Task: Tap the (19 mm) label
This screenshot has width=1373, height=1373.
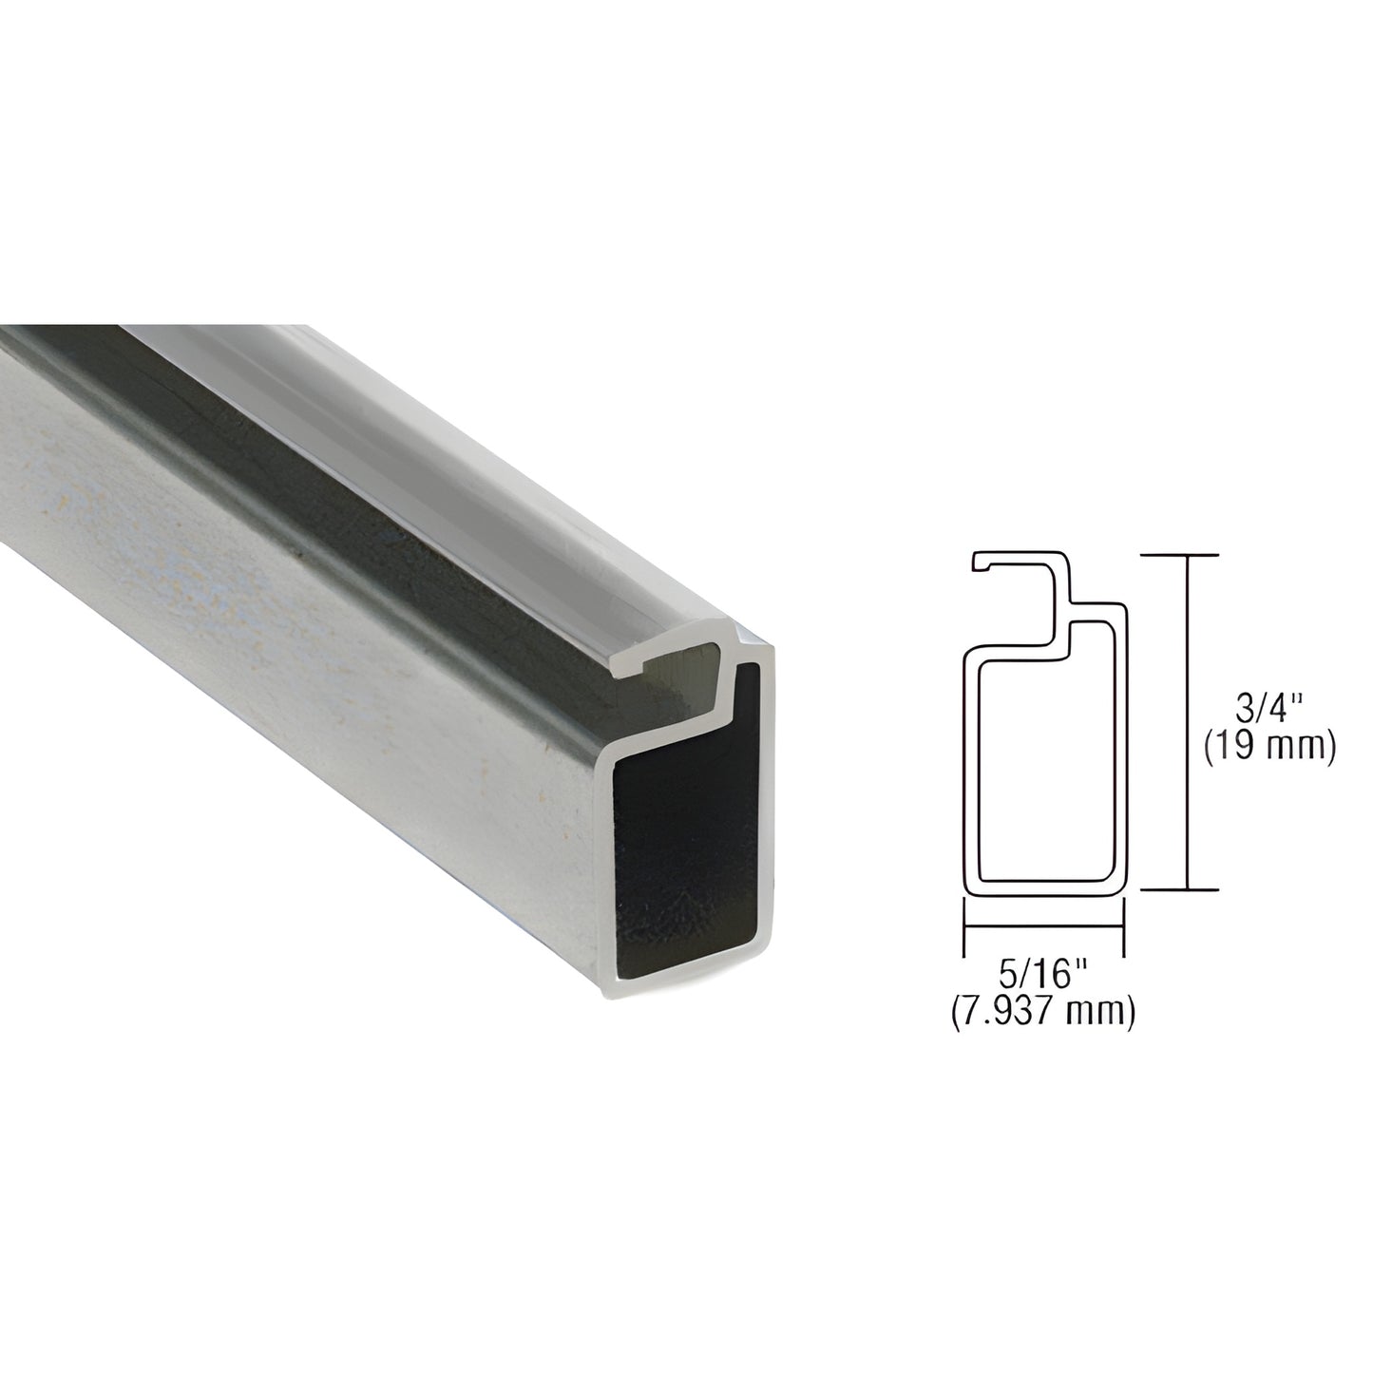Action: tap(1268, 750)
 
